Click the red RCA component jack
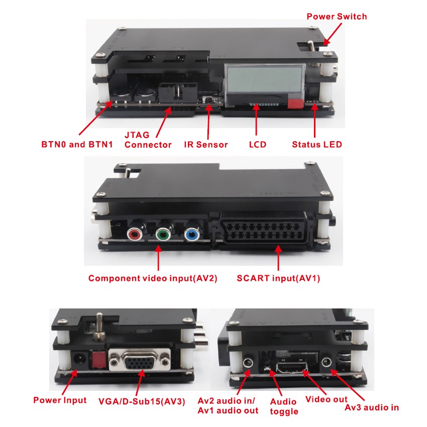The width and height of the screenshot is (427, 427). (x=135, y=234)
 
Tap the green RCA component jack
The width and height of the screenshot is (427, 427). (x=163, y=234)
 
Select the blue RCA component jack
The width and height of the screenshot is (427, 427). (x=191, y=234)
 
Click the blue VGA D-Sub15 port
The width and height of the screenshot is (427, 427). (x=139, y=361)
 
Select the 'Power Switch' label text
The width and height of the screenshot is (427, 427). (x=337, y=17)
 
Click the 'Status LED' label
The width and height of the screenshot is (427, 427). (x=317, y=145)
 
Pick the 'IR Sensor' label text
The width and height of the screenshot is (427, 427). (x=205, y=145)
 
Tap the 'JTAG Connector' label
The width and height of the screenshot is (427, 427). (x=148, y=140)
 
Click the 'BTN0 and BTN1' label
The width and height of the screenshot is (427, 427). (x=77, y=145)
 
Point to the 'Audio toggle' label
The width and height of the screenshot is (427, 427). (x=284, y=406)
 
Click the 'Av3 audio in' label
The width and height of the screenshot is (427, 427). (x=372, y=407)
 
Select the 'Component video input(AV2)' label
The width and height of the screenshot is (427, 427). (x=153, y=278)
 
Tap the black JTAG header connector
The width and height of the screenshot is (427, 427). (x=175, y=93)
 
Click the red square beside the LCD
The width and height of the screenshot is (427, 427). (x=295, y=104)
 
